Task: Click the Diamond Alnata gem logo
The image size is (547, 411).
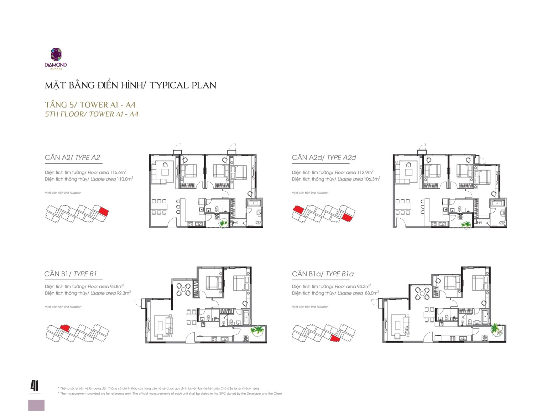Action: [x=56, y=54]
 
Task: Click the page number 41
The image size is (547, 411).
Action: [x=35, y=386]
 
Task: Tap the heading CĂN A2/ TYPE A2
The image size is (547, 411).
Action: [x=73, y=157]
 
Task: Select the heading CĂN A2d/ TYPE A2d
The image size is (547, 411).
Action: [x=324, y=157]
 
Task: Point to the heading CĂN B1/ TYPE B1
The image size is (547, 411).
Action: [x=71, y=274]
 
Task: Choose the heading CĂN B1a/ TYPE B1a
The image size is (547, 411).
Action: [x=323, y=274]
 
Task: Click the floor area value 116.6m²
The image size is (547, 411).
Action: [x=118, y=172]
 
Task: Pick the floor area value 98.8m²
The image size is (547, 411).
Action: [x=117, y=286]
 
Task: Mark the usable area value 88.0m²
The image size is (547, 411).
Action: [x=372, y=293]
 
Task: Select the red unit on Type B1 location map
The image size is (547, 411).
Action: [x=65, y=328]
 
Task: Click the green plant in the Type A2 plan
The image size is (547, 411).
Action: [x=223, y=223]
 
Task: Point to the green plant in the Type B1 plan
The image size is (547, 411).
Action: [x=257, y=330]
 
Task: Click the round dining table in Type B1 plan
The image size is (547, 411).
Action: [x=183, y=289]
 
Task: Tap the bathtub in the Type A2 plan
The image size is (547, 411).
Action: [x=254, y=203]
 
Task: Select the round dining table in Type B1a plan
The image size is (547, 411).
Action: [x=422, y=294]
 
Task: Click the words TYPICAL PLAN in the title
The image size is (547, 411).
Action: [x=183, y=85]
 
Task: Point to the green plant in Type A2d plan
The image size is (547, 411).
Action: [x=466, y=225]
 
